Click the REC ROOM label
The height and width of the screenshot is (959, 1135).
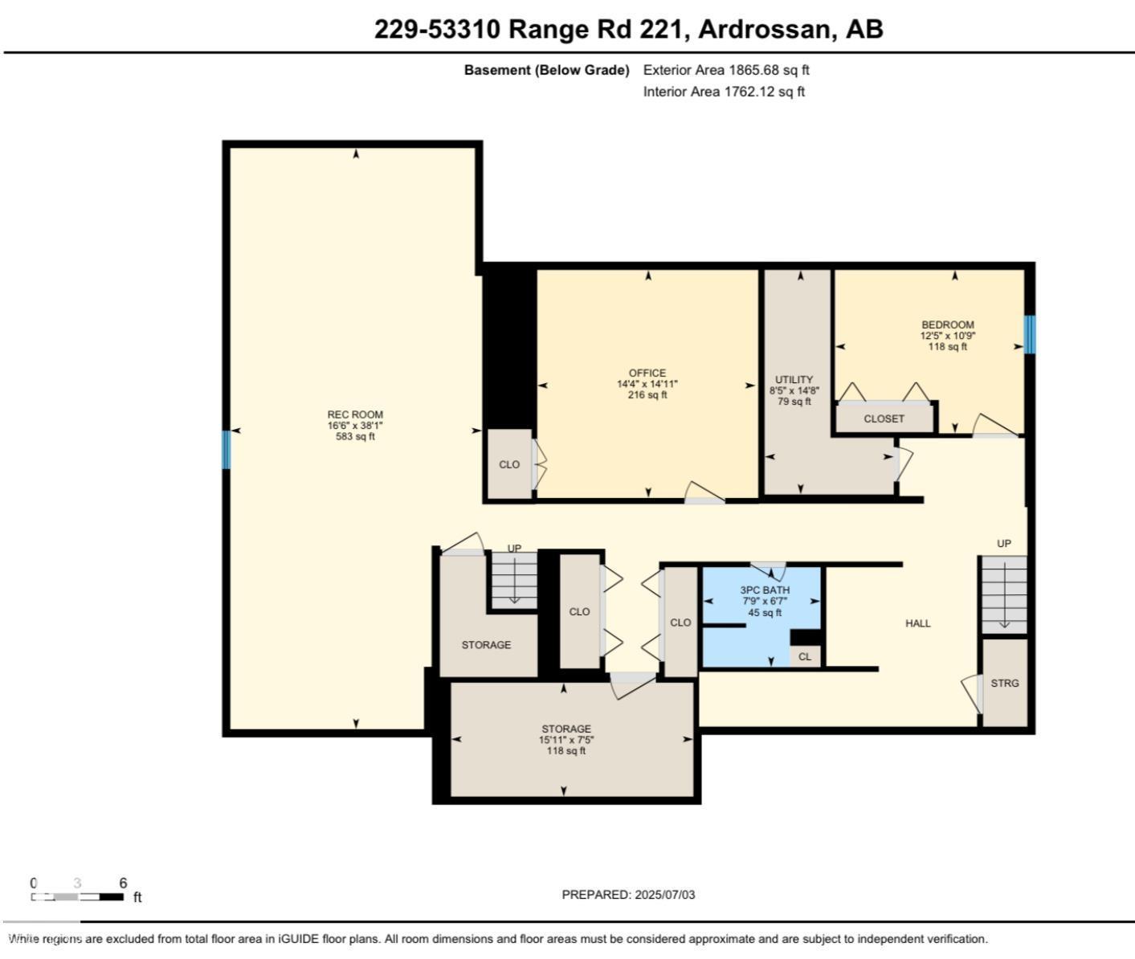tap(355, 415)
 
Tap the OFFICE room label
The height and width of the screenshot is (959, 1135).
tap(647, 373)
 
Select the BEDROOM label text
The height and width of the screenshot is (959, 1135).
tap(947, 324)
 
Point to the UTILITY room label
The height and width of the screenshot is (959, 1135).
tap(794, 380)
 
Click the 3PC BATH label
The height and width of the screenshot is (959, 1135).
tap(764, 590)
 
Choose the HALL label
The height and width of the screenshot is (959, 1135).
tap(917, 623)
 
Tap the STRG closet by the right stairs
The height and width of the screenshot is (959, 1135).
tap(1004, 683)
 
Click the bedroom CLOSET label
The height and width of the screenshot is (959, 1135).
tap(884, 418)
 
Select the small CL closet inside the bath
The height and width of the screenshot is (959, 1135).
tap(805, 656)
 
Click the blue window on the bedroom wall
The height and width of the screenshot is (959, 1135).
tap(1029, 334)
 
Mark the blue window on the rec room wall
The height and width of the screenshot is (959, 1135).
tap(227, 450)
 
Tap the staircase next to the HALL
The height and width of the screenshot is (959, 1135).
tap(1003, 594)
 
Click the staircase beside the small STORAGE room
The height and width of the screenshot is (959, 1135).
tap(513, 581)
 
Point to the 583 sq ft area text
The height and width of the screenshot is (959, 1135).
tap(355, 437)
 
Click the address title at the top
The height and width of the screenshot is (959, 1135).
tap(628, 30)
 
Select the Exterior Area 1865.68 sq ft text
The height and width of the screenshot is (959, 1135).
tap(725, 70)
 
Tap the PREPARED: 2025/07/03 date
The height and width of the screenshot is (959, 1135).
tap(628, 895)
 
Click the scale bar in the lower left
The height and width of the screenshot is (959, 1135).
tap(78, 896)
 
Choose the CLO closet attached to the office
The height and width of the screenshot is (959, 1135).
tap(509, 464)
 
